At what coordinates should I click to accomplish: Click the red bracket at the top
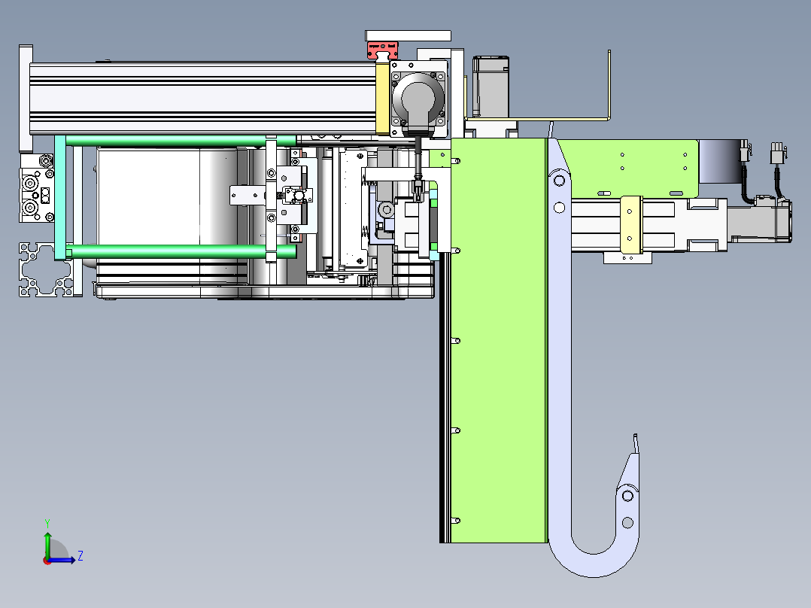382,50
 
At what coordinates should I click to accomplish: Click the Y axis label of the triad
47,523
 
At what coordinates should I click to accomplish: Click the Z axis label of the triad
80,556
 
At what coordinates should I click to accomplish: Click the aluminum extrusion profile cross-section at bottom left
45,269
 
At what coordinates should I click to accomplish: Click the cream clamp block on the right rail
630,225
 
